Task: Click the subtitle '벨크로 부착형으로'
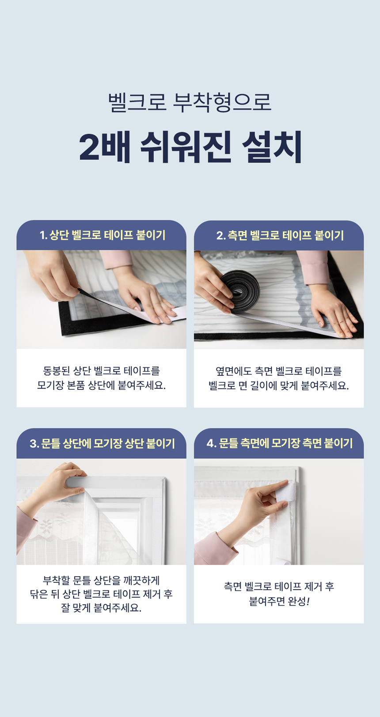190,102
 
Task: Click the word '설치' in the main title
272,147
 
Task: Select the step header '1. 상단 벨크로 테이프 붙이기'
103,235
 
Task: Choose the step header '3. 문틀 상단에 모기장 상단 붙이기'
102,444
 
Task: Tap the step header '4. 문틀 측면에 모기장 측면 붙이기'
279,443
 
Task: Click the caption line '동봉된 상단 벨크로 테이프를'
101,371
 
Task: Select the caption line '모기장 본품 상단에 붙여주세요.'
101,385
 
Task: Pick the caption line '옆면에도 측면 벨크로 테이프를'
279,371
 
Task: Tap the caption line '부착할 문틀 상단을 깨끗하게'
101,580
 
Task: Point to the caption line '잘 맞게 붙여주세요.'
101,608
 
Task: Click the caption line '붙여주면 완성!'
279,601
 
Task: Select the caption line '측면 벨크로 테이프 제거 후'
279,586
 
